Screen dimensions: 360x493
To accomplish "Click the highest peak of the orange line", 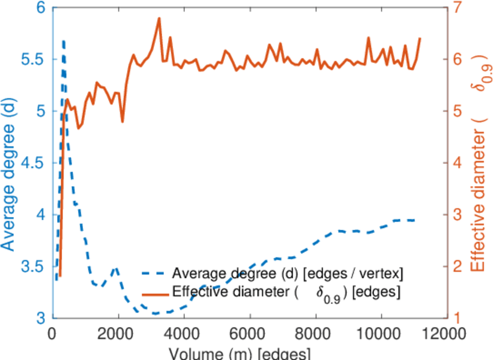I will [159, 18].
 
